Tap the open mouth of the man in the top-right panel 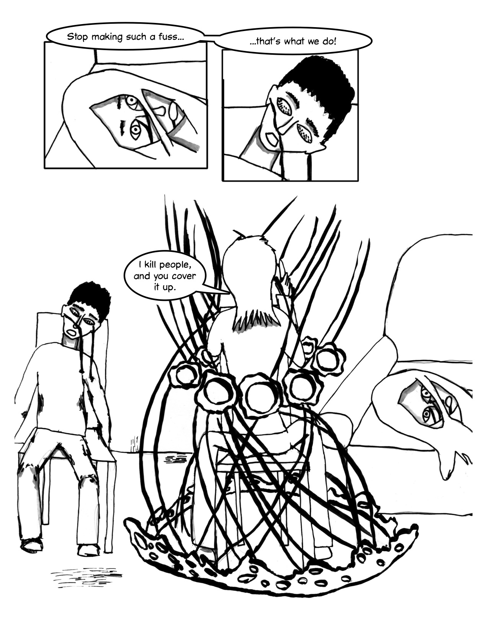point(273,140)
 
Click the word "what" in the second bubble point(297,42)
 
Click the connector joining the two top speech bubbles point(209,36)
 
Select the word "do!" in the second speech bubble point(330,42)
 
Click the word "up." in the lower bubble point(170,287)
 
